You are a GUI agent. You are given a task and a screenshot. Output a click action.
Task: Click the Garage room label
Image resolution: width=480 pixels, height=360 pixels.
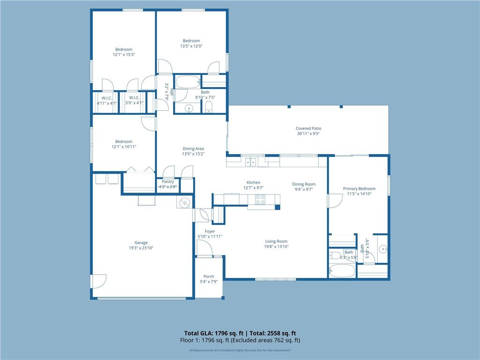[x=141, y=243]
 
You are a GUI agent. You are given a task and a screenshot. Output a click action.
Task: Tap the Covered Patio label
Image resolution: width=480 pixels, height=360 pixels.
[x=308, y=128]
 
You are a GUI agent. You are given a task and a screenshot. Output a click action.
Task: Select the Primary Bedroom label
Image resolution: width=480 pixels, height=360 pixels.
[x=359, y=188]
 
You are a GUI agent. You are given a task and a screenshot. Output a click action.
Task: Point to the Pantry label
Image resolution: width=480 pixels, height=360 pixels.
[x=168, y=181]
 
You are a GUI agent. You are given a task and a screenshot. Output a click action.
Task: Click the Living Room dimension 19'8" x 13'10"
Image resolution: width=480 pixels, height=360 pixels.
[x=277, y=247]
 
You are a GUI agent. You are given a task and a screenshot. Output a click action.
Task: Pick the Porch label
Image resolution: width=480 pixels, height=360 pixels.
[x=209, y=277]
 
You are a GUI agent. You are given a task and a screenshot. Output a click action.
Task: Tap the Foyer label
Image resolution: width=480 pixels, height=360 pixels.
[x=210, y=232]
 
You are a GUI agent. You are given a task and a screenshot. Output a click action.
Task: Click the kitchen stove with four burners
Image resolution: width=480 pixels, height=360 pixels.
[x=260, y=200]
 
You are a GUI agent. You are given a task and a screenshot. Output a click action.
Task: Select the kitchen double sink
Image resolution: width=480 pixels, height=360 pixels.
[x=251, y=162]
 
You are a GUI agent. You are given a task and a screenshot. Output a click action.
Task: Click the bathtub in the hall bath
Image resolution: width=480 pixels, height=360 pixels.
[x=187, y=82]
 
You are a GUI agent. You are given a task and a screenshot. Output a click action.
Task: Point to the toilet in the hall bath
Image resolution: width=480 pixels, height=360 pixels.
[x=209, y=107]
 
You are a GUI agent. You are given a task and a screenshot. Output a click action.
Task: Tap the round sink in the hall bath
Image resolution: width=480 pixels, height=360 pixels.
[x=189, y=108]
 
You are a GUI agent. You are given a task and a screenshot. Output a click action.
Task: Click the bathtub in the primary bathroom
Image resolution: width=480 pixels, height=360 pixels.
[x=342, y=270]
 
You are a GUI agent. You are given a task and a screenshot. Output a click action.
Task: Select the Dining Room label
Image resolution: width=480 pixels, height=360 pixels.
[x=304, y=184]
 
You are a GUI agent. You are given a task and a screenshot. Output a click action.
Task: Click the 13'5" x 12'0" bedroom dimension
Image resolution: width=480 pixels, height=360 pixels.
[x=191, y=46]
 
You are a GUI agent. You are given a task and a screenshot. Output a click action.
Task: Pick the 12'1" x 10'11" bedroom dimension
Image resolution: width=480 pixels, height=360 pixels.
[x=124, y=147]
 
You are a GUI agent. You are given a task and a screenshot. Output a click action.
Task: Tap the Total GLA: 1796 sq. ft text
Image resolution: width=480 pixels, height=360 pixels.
[x=214, y=333]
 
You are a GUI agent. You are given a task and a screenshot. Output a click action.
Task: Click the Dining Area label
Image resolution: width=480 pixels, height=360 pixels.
[x=193, y=149]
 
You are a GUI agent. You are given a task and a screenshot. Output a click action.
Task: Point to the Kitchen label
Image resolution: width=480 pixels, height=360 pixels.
[x=254, y=182]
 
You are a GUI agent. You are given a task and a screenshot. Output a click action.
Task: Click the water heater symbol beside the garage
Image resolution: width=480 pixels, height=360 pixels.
[x=185, y=202]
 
